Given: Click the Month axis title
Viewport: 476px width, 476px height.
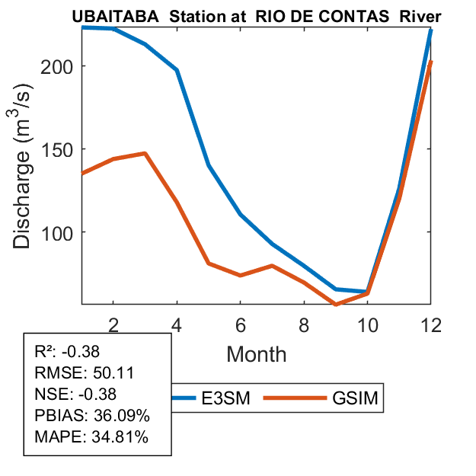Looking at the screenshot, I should (256, 353).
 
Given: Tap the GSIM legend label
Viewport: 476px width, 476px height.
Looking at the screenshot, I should (355, 398).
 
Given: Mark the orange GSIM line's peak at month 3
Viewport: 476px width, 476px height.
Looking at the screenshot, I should (145, 153).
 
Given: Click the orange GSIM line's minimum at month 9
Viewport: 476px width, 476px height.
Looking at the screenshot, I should (336, 305).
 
